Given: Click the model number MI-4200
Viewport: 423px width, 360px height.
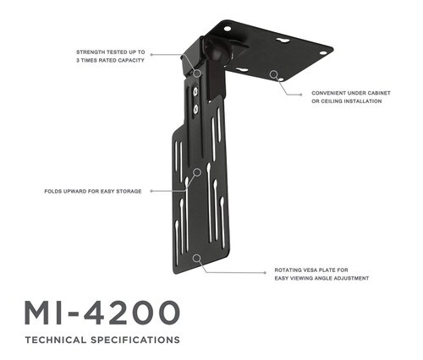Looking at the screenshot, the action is tap(102, 313).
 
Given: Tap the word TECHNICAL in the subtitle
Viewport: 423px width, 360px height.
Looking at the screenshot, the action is tap(56, 340).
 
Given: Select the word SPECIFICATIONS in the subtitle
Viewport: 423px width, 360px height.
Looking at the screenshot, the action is tap(135, 340).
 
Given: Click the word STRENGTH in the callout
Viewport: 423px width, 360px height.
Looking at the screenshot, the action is tap(90, 52).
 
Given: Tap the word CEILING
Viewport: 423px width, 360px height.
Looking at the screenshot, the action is tap(330, 101).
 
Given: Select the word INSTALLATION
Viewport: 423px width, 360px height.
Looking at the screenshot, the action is tap(362, 101).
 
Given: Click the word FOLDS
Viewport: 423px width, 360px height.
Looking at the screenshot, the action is tap(52, 191).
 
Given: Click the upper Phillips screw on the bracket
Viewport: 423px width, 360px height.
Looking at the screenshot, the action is tap(195, 90).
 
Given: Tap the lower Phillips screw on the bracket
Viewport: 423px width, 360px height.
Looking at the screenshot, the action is tap(196, 109).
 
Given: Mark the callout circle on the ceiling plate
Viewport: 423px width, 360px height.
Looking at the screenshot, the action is tap(273, 74).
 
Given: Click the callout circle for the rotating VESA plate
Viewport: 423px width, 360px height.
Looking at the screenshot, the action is tap(197, 258).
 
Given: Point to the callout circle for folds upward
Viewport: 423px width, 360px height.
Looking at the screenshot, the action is tap(197, 172).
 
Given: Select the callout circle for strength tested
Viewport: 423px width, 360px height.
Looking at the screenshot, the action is tap(198, 73).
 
